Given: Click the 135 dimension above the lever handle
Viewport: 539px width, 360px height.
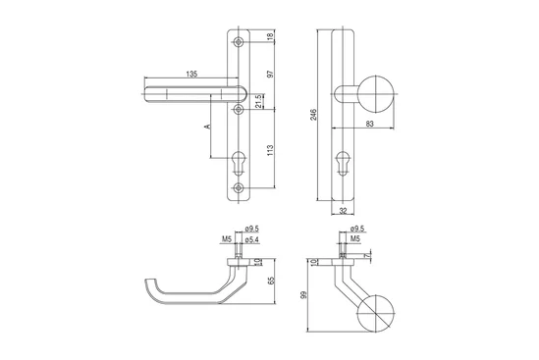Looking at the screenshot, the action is (191, 74).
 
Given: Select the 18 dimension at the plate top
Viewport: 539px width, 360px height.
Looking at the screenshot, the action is (270, 35).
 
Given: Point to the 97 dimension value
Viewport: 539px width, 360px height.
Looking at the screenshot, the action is (270, 74).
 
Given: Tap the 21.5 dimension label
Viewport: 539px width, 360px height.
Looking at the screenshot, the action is (259, 101).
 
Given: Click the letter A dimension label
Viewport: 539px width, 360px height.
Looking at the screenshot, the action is (207, 127).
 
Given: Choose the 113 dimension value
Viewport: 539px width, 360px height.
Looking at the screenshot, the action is (270, 150).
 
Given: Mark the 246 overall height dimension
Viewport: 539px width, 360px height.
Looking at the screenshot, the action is (313, 115).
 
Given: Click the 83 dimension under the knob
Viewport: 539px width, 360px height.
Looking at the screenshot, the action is (369, 124).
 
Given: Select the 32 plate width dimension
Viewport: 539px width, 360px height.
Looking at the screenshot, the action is (343, 211).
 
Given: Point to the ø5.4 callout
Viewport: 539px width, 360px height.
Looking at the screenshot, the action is (251, 239).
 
